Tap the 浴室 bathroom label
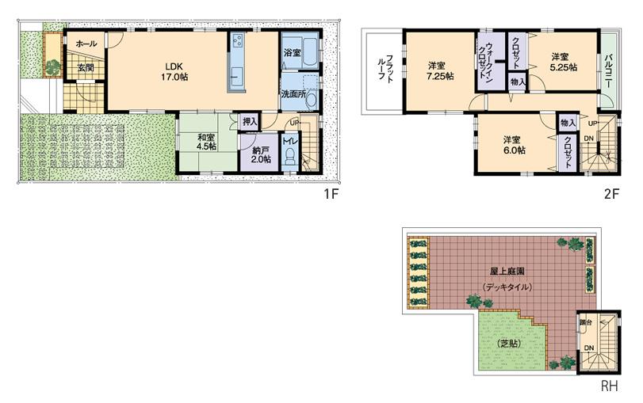[292, 52]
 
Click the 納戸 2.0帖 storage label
[261, 154]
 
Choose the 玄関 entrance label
[85, 68]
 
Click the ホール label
[87, 44]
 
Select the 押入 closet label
[250, 122]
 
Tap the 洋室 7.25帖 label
[438, 70]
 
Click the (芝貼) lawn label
[508, 343]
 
